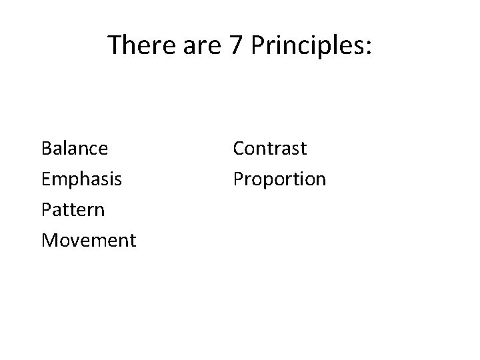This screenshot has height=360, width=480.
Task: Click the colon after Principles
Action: [368, 48]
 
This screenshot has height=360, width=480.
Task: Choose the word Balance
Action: [74, 148]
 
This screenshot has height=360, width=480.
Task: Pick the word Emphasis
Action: [81, 179]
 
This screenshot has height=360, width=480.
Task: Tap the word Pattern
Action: [73, 209]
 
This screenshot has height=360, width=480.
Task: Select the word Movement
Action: [88, 240]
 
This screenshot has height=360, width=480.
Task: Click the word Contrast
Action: [269, 148]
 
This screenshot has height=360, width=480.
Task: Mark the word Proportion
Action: [279, 179]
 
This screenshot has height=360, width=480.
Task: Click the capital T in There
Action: [115, 45]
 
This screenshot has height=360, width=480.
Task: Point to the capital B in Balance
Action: [46, 148]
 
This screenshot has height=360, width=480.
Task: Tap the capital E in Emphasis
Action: [45, 179]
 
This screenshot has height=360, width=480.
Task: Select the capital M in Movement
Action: [49, 240]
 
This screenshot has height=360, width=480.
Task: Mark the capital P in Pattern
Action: [45, 209]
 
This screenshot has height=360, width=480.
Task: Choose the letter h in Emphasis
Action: [86, 179]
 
